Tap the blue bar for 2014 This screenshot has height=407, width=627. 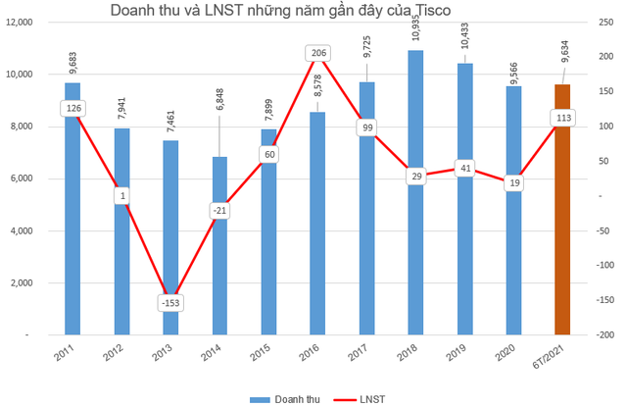[x=219, y=255]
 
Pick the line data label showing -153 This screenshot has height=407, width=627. [x=170, y=303]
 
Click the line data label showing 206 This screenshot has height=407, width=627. [x=317, y=53]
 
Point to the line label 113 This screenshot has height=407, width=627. [x=562, y=118]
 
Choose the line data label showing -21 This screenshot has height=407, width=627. [x=219, y=211]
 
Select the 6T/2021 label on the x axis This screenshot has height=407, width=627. [x=555, y=357]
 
